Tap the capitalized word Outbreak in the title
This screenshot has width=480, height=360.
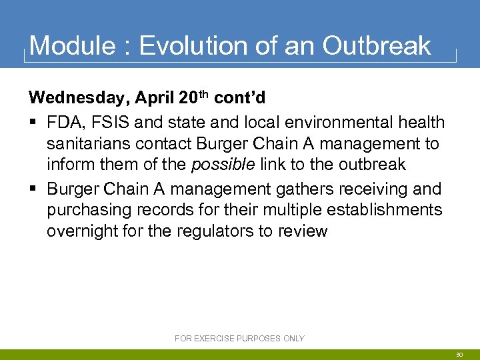coord(377,46)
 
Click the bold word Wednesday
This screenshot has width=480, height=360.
coord(79,98)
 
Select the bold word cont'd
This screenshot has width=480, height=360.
coord(240,98)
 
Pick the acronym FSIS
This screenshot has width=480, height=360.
coord(111,123)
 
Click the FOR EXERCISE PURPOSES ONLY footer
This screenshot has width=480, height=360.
coord(239,339)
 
